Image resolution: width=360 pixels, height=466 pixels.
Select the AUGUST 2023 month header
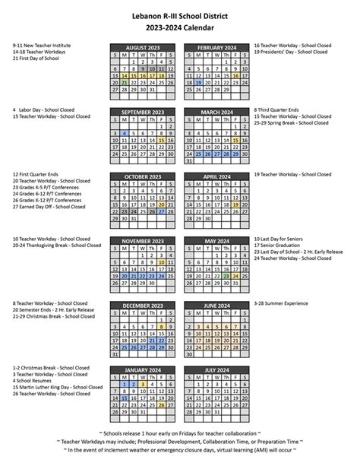tap(144, 47)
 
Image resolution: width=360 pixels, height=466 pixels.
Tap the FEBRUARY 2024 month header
tap(215, 47)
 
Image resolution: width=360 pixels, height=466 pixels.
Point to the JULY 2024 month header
tap(215, 370)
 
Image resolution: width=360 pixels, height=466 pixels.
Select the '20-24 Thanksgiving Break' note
tap(56, 246)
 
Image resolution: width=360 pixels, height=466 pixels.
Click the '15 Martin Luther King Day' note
tap(57, 388)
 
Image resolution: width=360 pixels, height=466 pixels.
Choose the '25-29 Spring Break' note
tap(292, 123)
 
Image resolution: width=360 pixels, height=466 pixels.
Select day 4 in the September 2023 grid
tap(124, 132)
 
